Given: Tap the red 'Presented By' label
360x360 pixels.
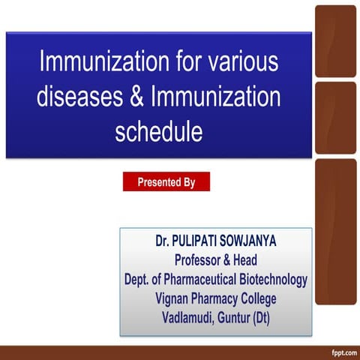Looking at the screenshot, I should [x=166, y=181].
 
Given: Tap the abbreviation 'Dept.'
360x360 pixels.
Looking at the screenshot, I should [x=139, y=280].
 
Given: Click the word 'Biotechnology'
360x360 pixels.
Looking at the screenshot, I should [x=273, y=280].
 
